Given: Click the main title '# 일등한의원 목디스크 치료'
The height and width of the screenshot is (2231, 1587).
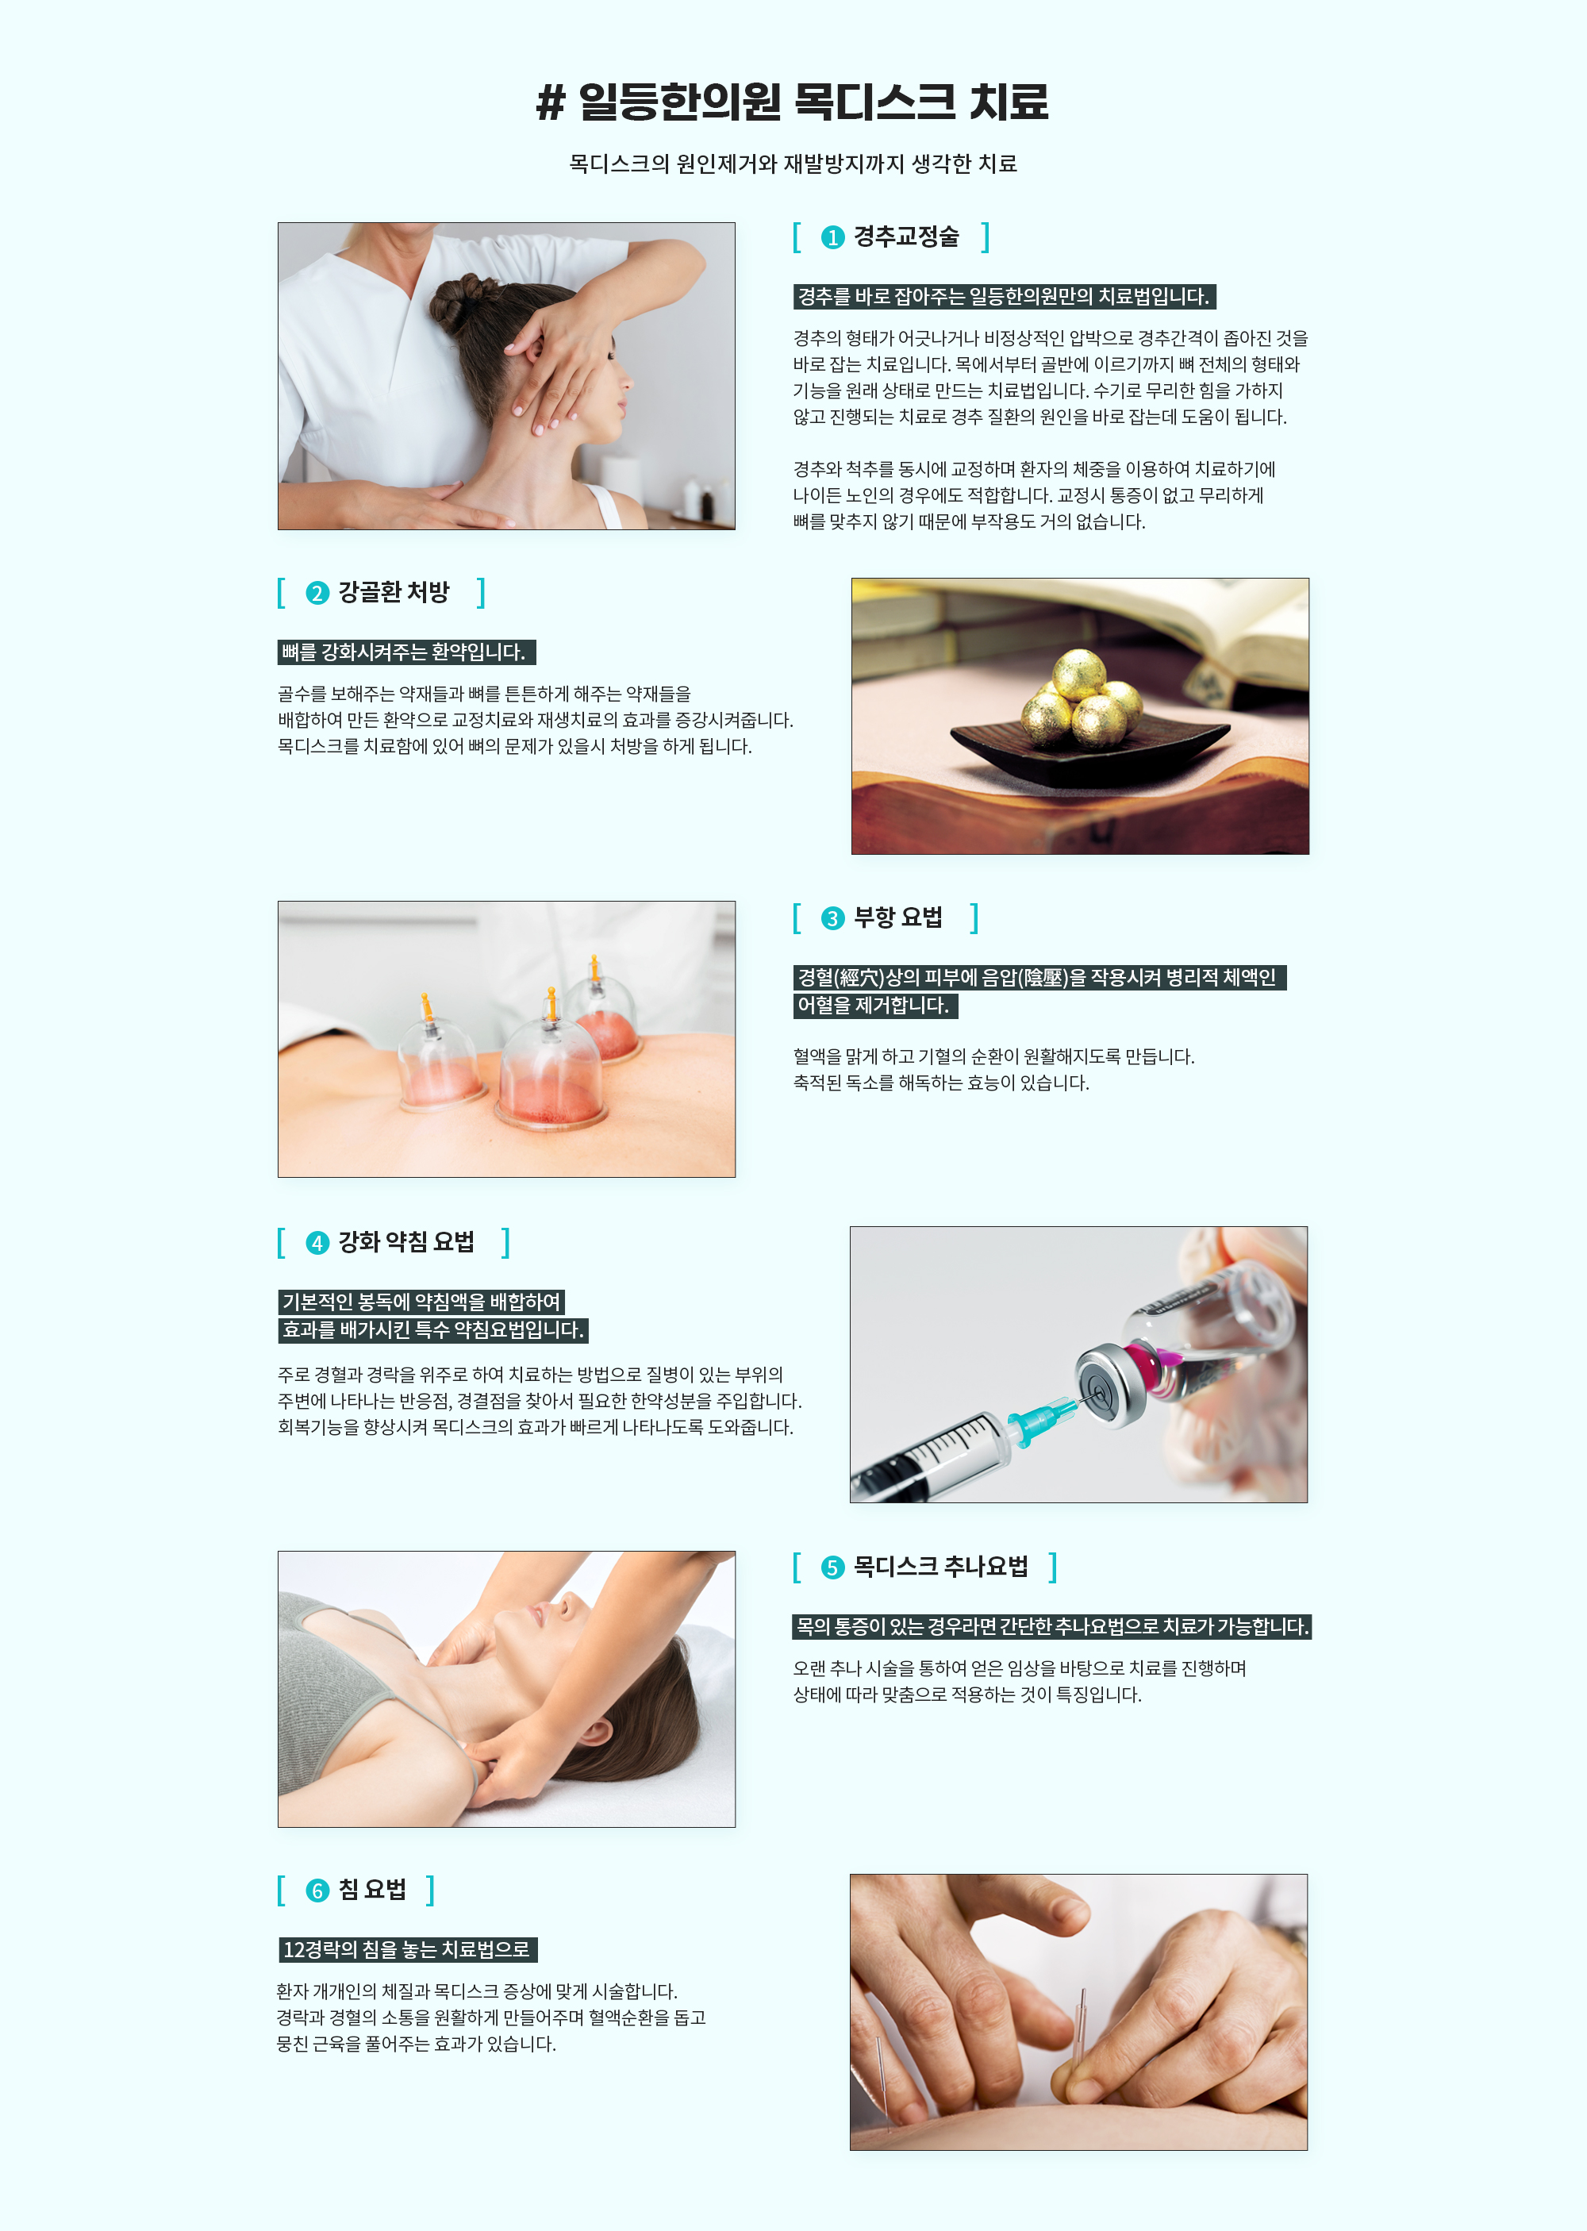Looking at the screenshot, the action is pyautogui.click(x=793, y=102).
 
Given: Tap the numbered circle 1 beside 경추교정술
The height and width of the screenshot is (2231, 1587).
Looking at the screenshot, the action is pyautogui.click(x=832, y=237).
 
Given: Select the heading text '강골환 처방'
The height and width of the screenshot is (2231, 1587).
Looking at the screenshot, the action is pyautogui.click(x=394, y=592).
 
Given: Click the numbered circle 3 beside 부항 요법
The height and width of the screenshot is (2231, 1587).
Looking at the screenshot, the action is pyautogui.click(x=832, y=918).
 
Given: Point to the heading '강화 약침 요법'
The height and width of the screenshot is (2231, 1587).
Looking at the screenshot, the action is pyautogui.click(x=406, y=1242).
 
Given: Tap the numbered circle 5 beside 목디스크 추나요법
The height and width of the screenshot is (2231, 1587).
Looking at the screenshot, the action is pyautogui.click(x=832, y=1567).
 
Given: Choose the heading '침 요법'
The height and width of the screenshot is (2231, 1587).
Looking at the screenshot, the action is pyautogui.click(x=372, y=1890).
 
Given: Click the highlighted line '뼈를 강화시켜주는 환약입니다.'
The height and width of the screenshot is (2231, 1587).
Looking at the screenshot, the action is pyautogui.click(x=406, y=652).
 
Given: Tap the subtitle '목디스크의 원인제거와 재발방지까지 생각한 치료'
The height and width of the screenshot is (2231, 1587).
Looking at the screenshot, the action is pyautogui.click(x=793, y=164).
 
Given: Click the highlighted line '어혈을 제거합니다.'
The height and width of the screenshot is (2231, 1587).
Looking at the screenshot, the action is pyautogui.click(x=874, y=1006).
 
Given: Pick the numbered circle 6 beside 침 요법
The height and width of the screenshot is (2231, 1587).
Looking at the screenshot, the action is pyautogui.click(x=317, y=1891).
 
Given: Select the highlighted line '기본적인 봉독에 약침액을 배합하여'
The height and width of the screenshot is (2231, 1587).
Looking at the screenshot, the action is pyautogui.click(x=421, y=1302).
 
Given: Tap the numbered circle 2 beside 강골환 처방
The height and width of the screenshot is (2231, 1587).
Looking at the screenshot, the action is pyautogui.click(x=317, y=593).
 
